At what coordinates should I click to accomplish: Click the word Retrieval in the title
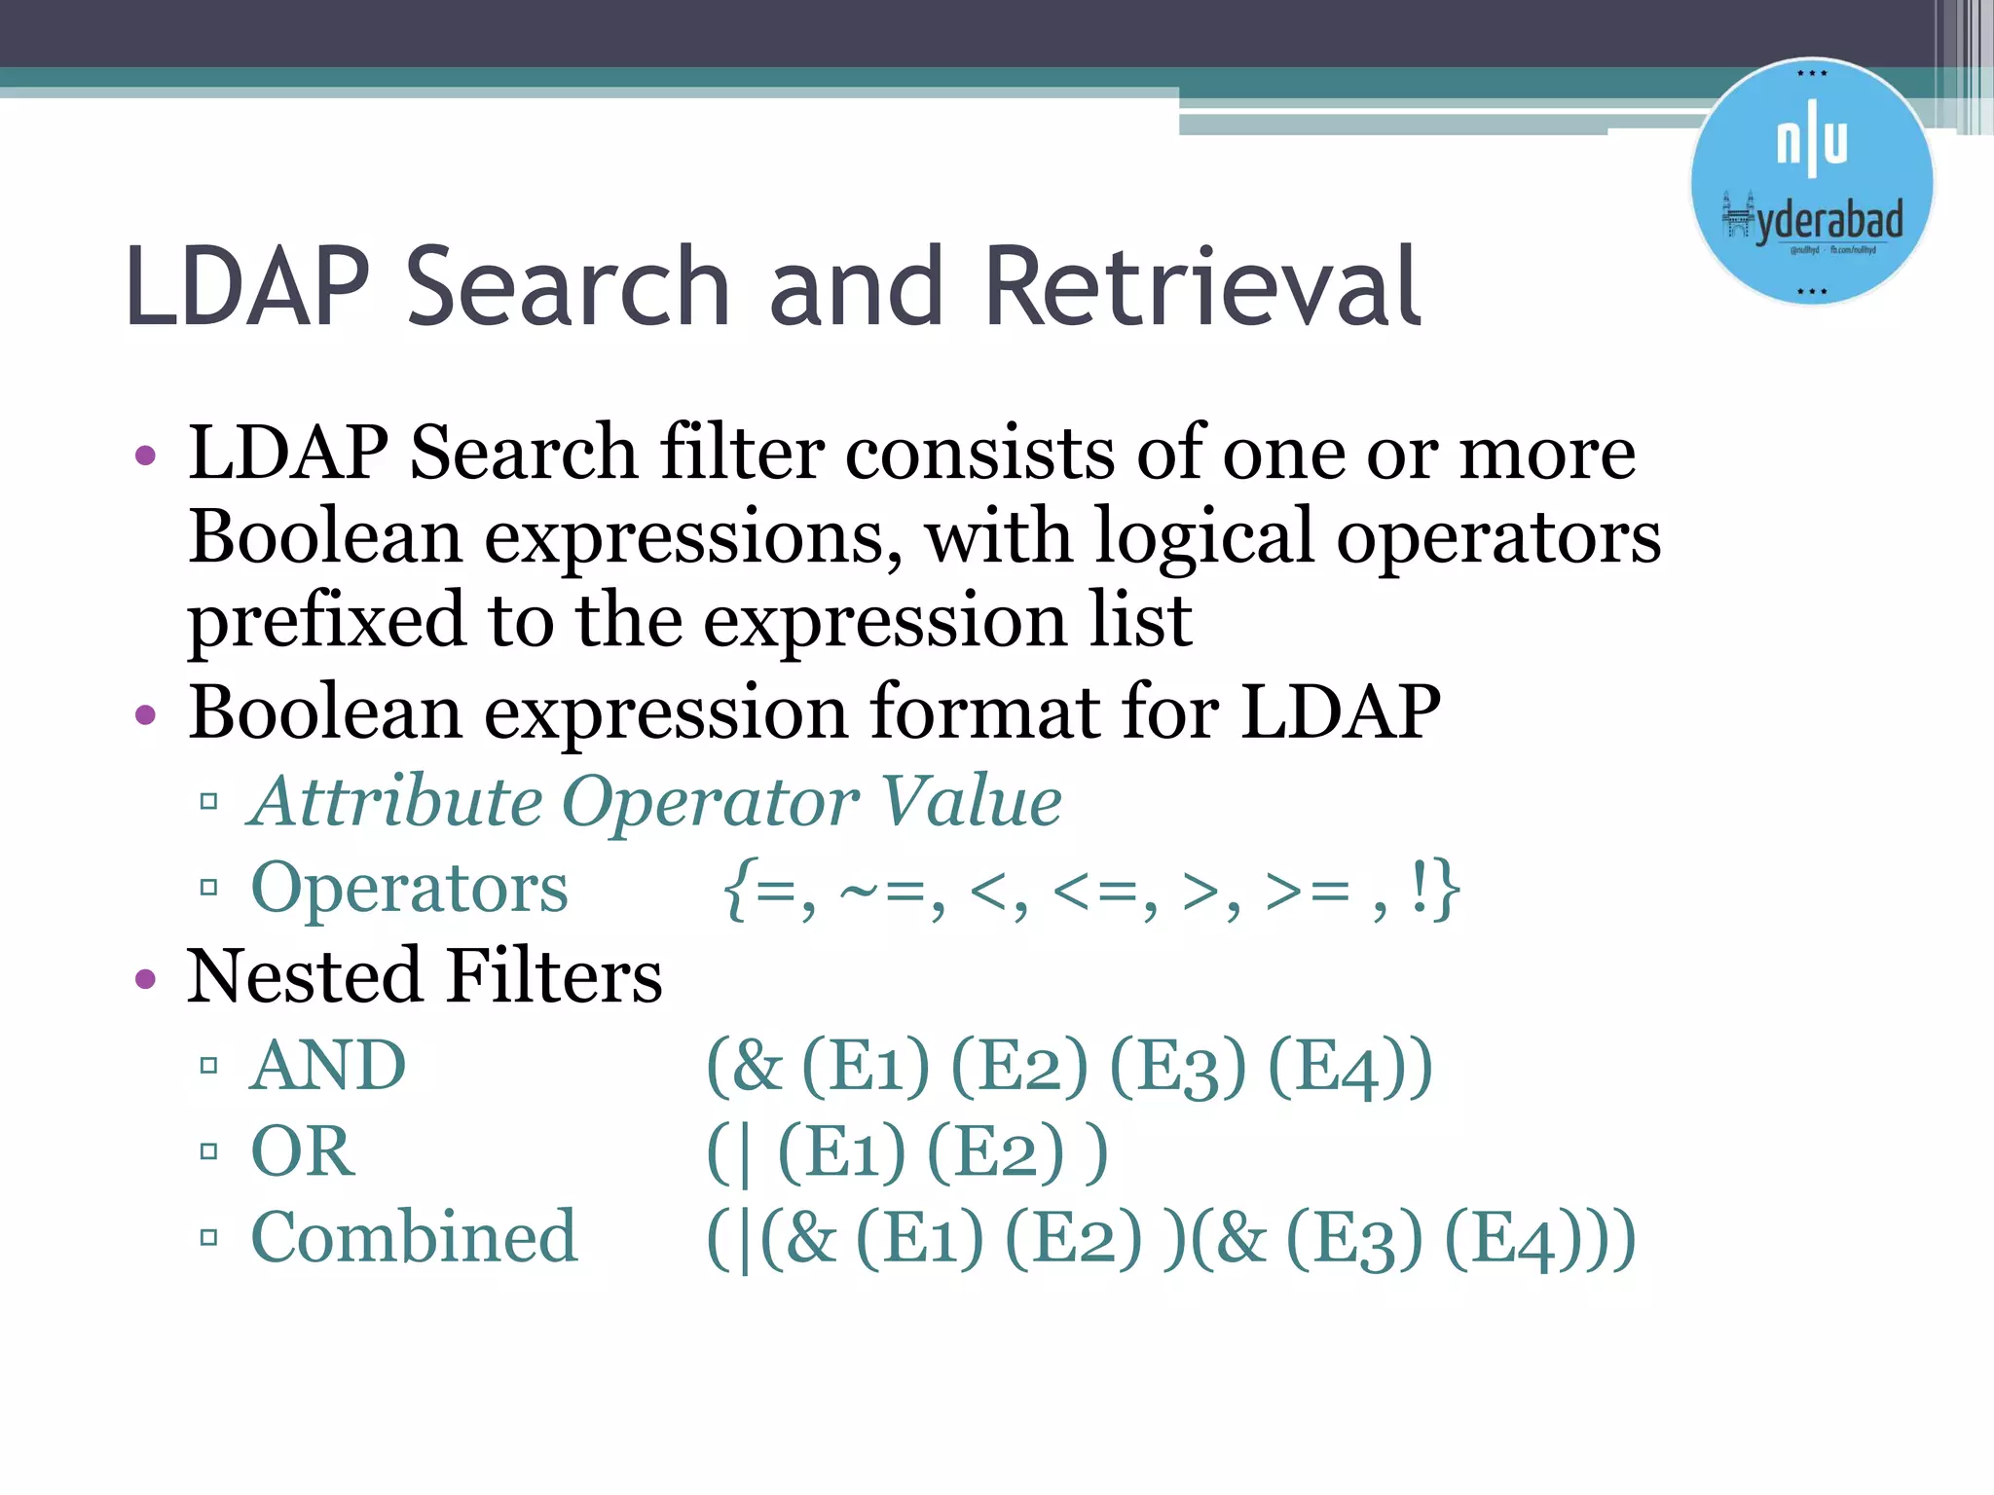click(1202, 287)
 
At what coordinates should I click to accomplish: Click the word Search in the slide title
click(568, 287)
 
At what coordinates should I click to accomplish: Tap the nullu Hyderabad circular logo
click(1811, 182)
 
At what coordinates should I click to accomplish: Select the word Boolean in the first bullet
click(325, 537)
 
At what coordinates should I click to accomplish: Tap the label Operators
click(409, 888)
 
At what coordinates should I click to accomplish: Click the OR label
click(303, 1151)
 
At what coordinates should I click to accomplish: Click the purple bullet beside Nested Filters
click(146, 978)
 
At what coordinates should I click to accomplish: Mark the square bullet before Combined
click(208, 1238)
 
